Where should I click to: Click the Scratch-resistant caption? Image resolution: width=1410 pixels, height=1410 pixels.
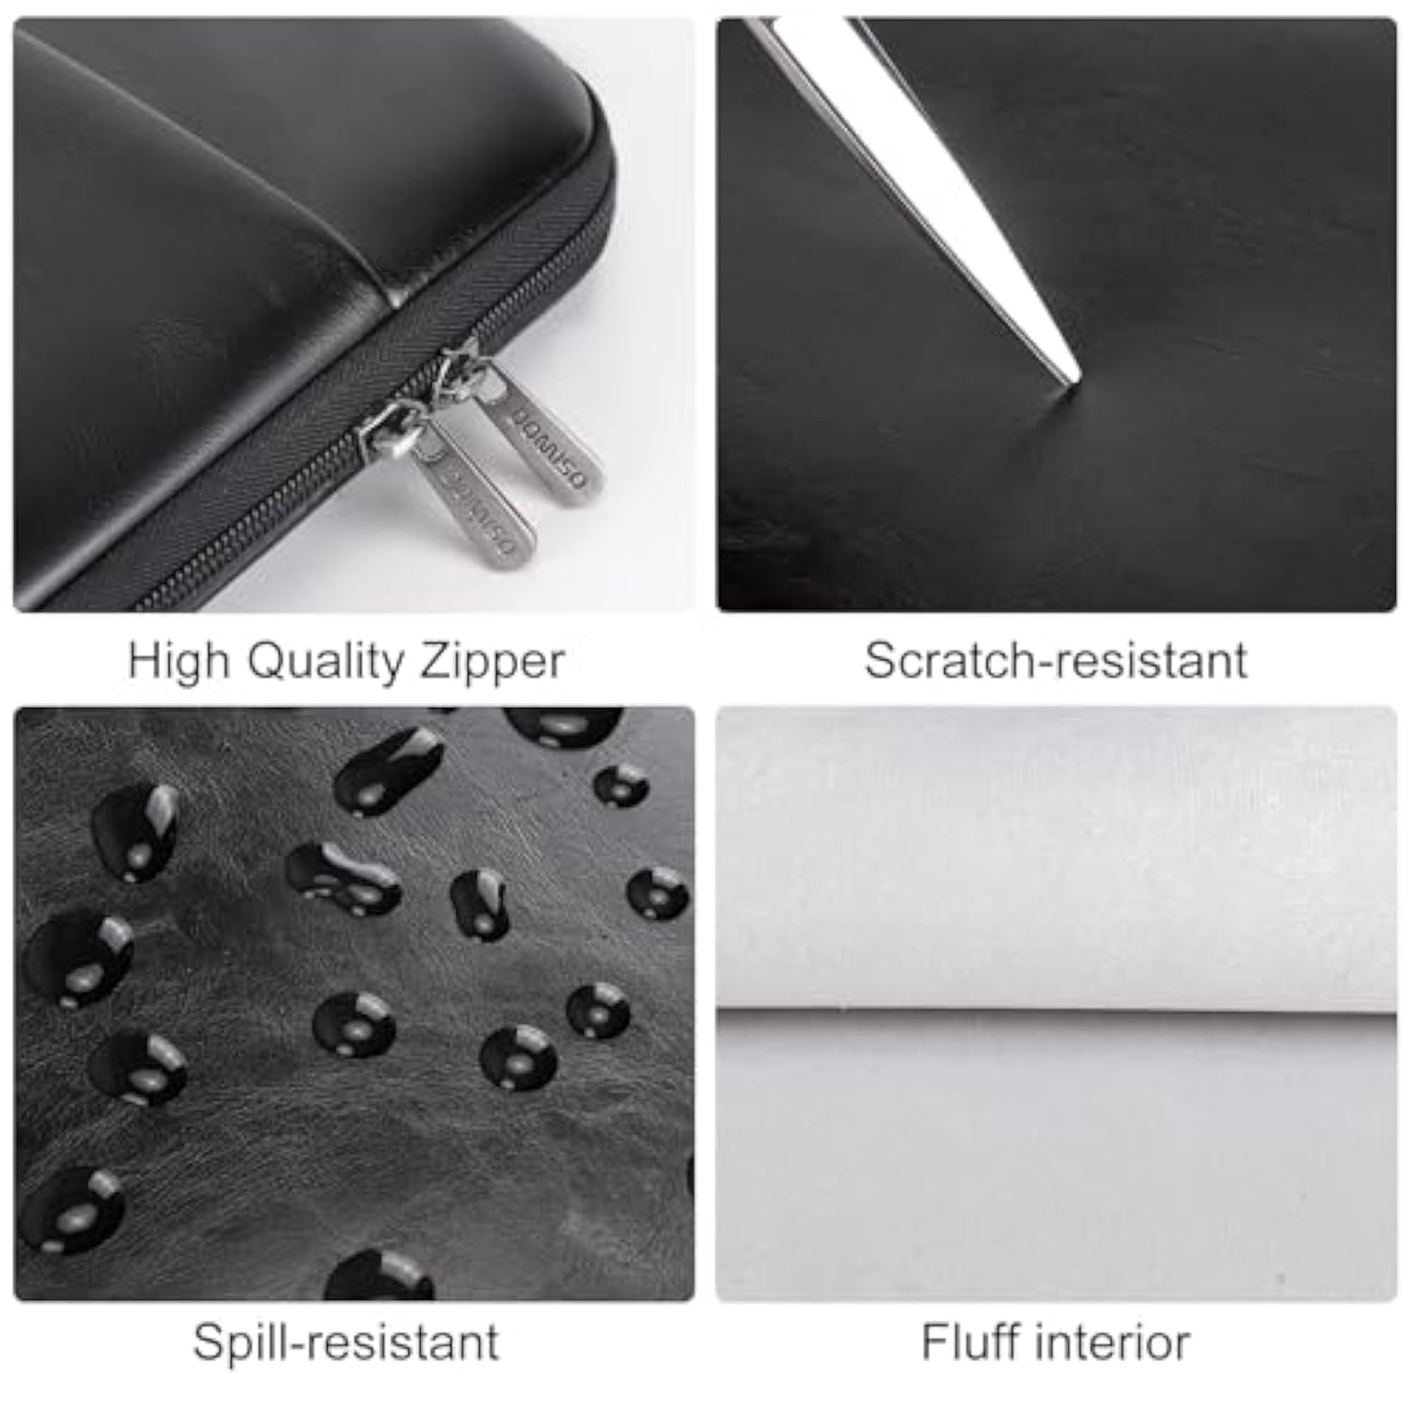tap(1056, 660)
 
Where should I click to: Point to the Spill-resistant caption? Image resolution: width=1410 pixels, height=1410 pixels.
tap(346, 1341)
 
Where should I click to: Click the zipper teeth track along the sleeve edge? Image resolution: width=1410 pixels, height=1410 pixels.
tap(282, 526)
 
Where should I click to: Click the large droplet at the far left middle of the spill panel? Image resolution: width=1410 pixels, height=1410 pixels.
tap(75, 959)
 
